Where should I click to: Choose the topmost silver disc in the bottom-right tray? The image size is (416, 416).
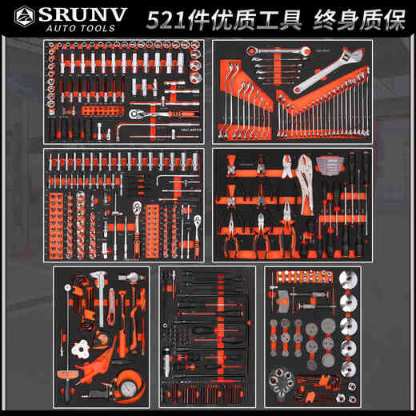348,283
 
